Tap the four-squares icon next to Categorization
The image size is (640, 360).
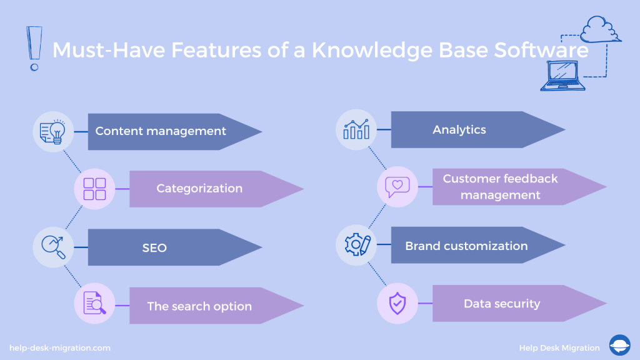coord(94,189)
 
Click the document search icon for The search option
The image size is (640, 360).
coord(94,304)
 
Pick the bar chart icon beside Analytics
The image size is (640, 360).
coord(356,130)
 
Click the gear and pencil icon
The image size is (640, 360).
coord(356,244)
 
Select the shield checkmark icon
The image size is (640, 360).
coord(397,304)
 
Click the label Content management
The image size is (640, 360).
coord(161,131)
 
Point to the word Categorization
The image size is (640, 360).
coord(199,188)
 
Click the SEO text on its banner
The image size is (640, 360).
coord(154,247)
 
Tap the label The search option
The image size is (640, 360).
coord(199,306)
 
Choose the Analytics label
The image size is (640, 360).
coord(459,129)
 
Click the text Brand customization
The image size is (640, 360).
coord(466,246)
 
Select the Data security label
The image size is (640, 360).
coord(502,304)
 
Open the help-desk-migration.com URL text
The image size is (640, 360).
coord(60,347)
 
